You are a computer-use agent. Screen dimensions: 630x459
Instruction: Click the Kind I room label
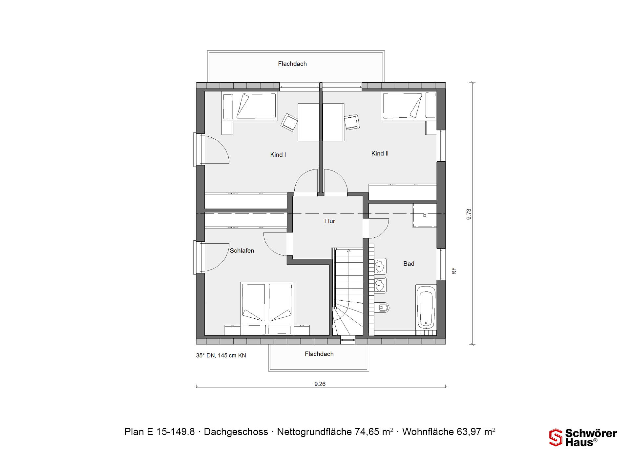278,155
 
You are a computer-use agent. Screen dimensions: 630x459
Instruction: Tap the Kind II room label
380,153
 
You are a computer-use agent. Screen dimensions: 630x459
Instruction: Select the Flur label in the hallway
329,221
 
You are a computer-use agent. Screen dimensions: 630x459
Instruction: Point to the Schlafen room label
242,251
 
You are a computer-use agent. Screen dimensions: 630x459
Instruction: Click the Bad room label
409,264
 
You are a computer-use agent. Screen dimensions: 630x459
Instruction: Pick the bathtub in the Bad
426,307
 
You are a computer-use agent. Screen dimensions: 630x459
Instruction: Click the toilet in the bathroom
382,308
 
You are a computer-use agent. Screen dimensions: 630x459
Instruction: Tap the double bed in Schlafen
267,309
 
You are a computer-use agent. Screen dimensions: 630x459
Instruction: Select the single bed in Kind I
250,106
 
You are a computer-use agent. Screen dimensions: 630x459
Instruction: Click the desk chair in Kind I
289,122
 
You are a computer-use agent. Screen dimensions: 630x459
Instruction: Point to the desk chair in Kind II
352,122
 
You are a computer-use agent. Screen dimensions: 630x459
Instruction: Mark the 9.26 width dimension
320,384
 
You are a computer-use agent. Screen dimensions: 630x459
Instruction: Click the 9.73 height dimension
469,214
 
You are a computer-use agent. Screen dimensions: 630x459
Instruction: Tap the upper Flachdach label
292,64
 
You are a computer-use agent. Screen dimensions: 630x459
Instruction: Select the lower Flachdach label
319,354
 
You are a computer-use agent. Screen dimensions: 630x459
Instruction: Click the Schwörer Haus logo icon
556,437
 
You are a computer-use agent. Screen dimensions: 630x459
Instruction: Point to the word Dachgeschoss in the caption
236,432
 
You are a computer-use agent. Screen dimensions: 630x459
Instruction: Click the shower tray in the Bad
425,215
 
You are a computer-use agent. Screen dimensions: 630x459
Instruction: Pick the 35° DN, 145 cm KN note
221,355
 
